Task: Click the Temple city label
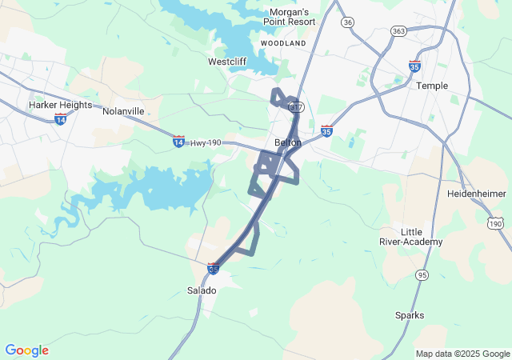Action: (x=432, y=86)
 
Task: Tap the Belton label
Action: (x=288, y=142)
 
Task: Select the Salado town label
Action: (x=202, y=290)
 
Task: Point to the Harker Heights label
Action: (x=60, y=105)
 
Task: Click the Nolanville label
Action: (x=123, y=111)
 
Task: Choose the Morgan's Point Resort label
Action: (x=288, y=18)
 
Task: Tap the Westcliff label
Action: (x=226, y=61)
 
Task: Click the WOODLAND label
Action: (x=283, y=42)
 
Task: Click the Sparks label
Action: (x=410, y=315)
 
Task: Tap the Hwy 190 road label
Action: (x=206, y=142)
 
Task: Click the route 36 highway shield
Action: (x=347, y=22)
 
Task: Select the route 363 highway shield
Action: (x=398, y=30)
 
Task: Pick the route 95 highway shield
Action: (x=422, y=275)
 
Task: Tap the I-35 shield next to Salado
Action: (x=213, y=269)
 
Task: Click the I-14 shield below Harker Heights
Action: (x=60, y=118)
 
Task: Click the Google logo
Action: (x=26, y=350)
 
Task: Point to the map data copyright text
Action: (x=462, y=354)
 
